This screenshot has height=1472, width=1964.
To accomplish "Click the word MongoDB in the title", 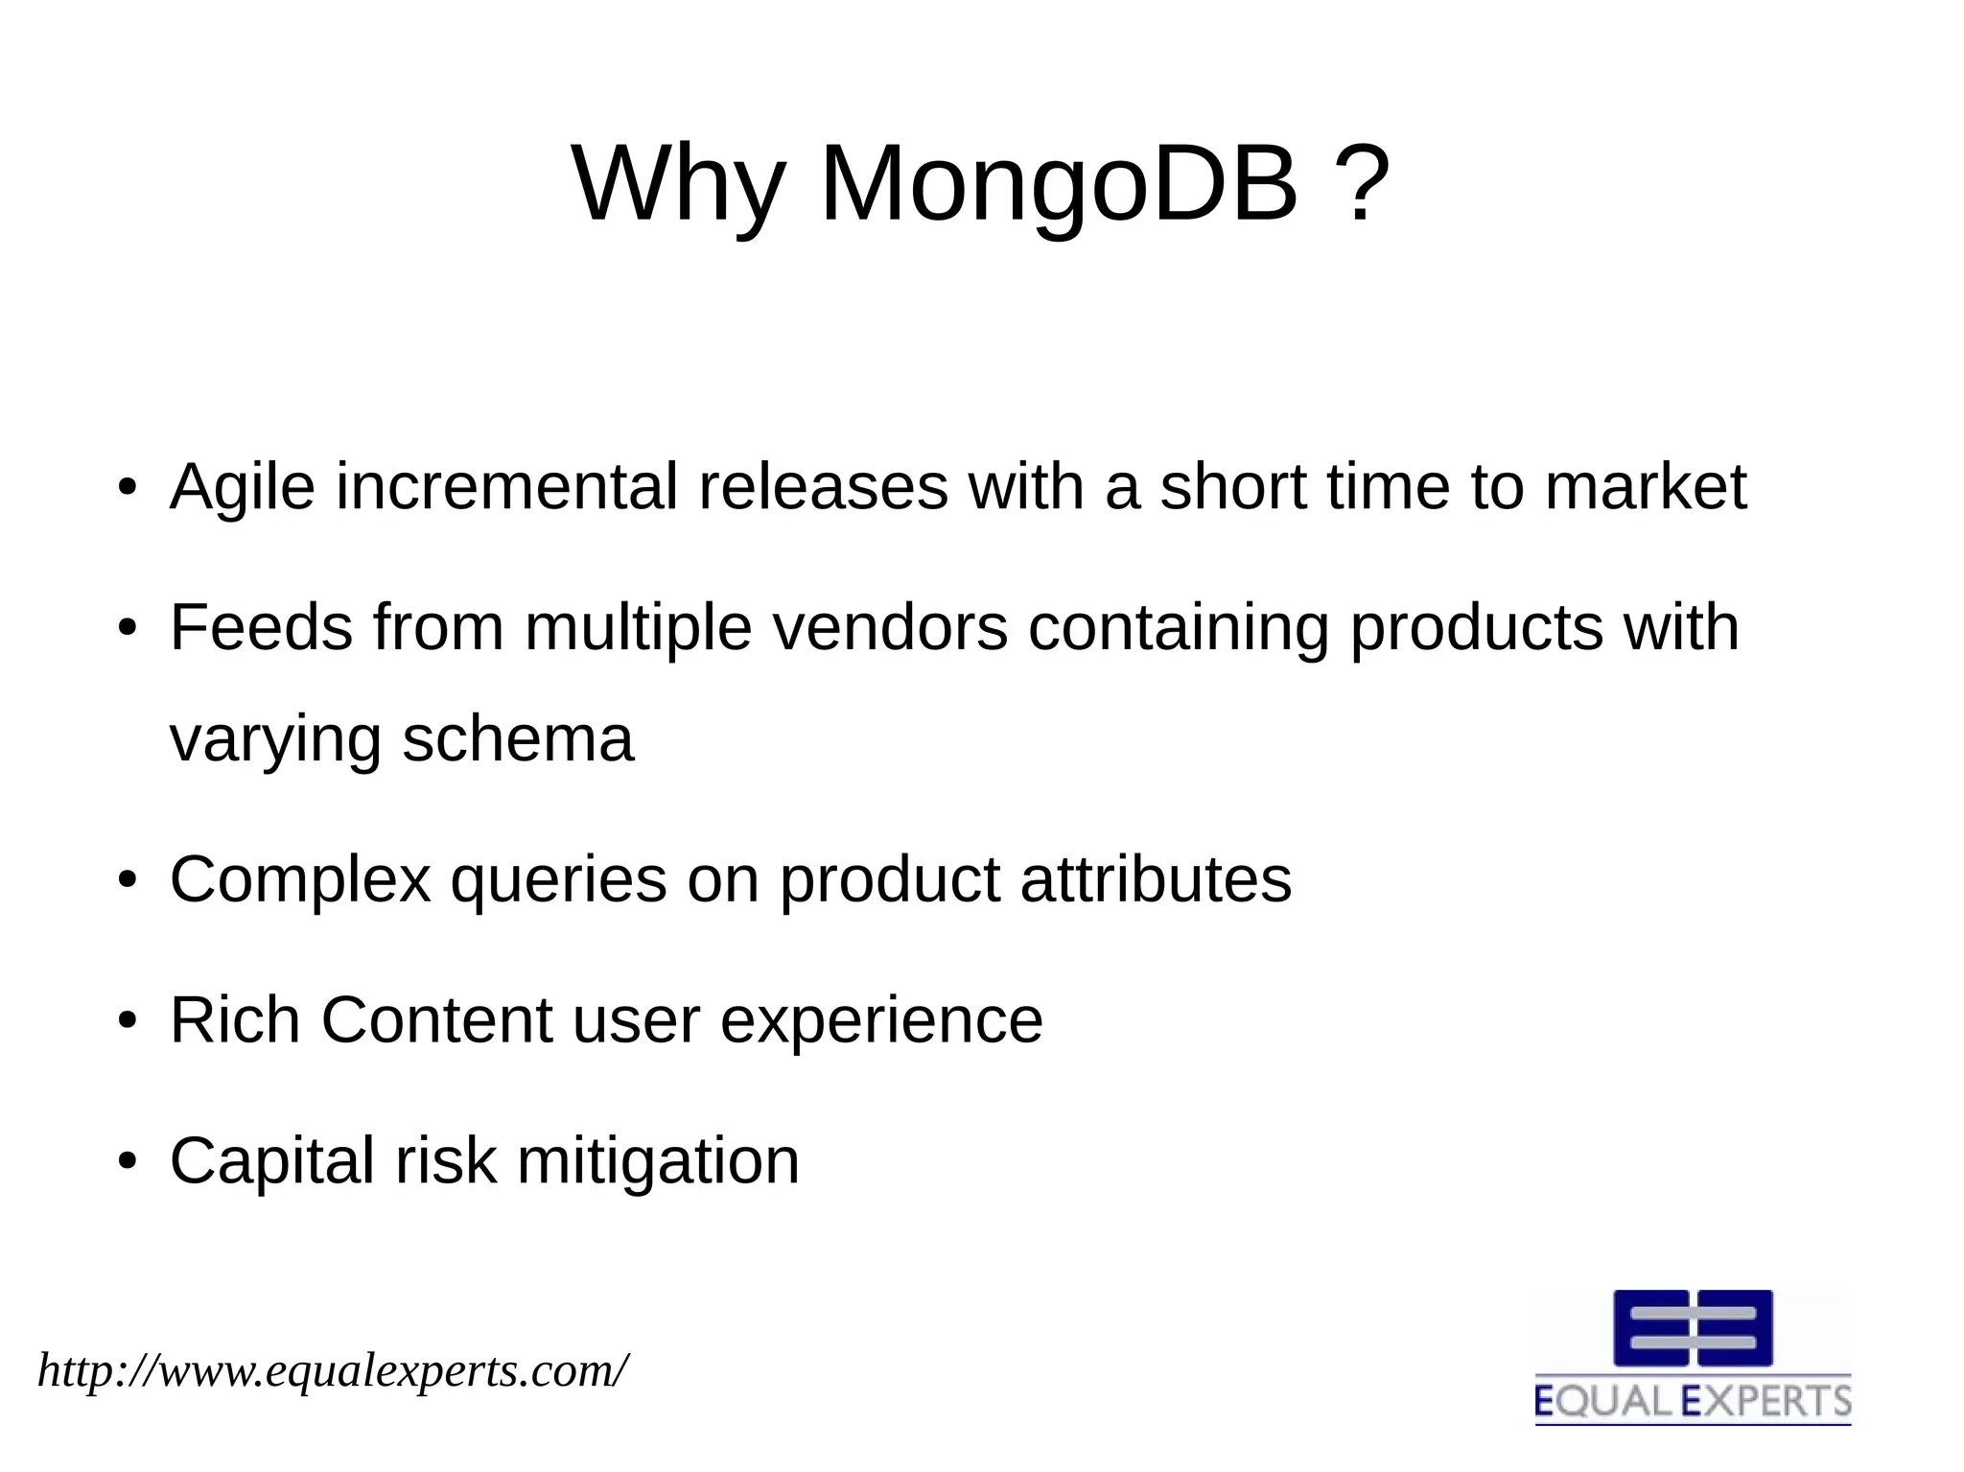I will click(x=1060, y=183).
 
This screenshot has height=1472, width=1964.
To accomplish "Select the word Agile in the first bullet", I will click(x=242, y=488).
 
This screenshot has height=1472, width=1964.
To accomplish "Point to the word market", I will click(x=1646, y=487).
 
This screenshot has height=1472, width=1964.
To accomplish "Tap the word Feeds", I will click(x=261, y=628).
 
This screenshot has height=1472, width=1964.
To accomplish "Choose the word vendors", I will click(x=890, y=628).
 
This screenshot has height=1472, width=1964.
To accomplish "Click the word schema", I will click(x=518, y=740).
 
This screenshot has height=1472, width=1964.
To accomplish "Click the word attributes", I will click(x=1156, y=879).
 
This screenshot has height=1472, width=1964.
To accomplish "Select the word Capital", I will click(x=271, y=1162).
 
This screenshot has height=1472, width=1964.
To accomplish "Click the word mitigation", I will click(x=658, y=1162).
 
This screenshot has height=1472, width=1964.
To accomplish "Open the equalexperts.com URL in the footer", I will click(x=333, y=1371).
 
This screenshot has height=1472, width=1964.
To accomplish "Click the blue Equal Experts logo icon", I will click(x=1693, y=1328).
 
